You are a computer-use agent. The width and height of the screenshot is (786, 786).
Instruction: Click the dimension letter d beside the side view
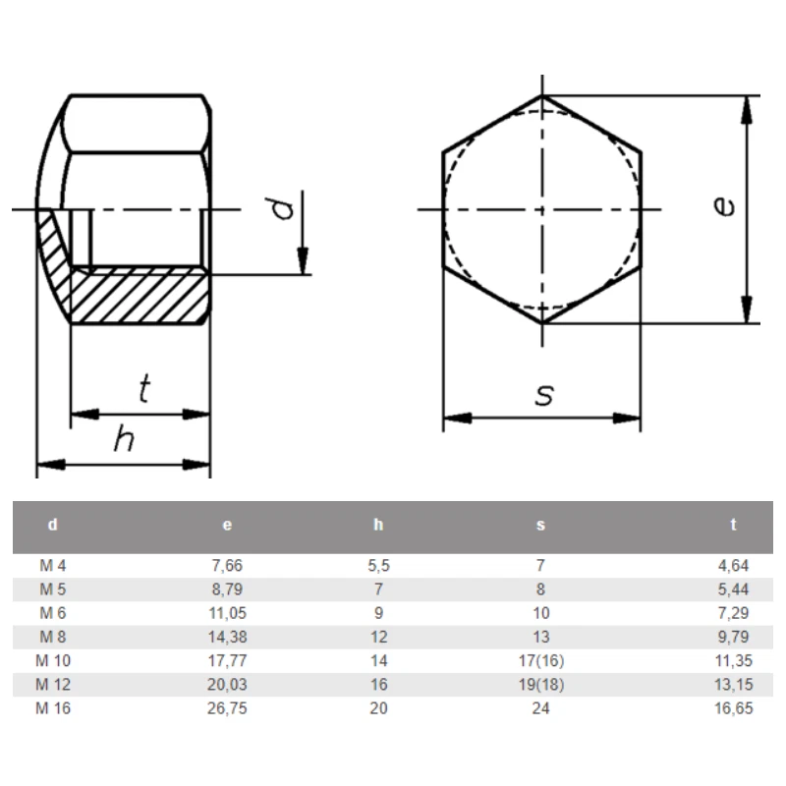[283, 208]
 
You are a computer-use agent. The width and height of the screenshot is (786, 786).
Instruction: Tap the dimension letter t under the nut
[144, 390]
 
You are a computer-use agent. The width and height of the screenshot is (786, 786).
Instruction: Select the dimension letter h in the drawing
[123, 439]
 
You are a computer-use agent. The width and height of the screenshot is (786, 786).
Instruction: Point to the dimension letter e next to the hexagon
[724, 205]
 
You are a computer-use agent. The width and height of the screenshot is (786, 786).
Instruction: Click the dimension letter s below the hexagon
[543, 395]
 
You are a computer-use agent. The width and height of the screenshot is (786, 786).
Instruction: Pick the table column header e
[228, 526]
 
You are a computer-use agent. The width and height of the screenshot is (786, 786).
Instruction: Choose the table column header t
[733, 526]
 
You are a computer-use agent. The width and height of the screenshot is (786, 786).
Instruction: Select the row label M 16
[55, 708]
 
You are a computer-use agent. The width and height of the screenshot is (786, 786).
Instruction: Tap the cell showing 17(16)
[540, 661]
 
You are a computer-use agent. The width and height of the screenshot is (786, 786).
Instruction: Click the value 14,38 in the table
[226, 638]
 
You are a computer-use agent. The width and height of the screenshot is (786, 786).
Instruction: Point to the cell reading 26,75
[226, 708]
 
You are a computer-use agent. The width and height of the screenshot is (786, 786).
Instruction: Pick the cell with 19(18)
[540, 685]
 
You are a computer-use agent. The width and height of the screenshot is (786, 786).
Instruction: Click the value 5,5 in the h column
[379, 567]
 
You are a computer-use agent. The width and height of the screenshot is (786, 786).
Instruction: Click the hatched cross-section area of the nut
[138, 295]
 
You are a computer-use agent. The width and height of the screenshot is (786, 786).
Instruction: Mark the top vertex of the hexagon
[542, 96]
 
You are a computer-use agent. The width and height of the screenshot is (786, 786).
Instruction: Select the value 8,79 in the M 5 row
[226, 590]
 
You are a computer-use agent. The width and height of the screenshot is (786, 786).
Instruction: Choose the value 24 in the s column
[540, 708]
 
